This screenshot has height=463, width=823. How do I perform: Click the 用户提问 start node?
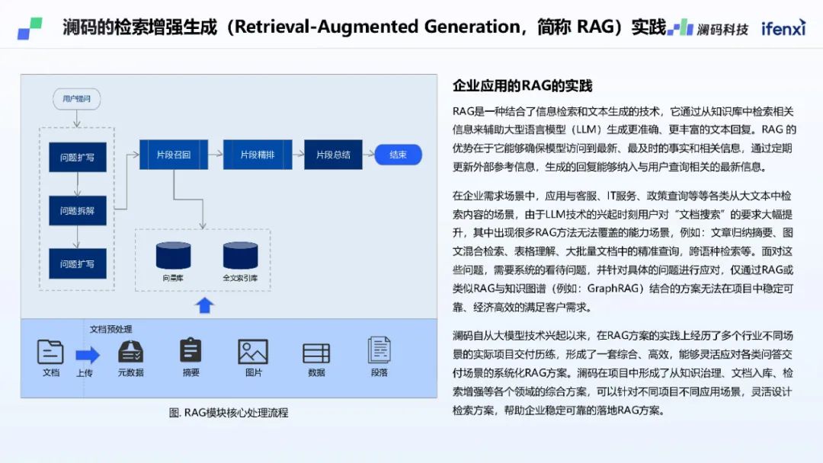click(x=76, y=98)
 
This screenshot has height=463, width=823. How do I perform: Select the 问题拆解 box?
click(x=78, y=211)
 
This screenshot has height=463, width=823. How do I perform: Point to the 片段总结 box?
click(x=333, y=155)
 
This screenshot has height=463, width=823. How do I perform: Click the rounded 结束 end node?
click(x=398, y=155)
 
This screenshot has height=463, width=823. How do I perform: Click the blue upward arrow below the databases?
click(x=204, y=305)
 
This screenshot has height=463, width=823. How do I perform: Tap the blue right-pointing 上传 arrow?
click(x=88, y=354)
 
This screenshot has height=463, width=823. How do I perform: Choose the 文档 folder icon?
click(x=50, y=352)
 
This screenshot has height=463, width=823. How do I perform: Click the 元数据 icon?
click(x=131, y=351)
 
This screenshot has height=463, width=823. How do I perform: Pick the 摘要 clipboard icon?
click(x=191, y=350)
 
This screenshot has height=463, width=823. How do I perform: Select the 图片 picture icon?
click(x=253, y=352)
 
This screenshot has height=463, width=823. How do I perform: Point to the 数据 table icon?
click(x=316, y=353)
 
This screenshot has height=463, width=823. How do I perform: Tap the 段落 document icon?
click(x=379, y=350)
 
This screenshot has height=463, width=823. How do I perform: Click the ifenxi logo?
click(x=783, y=28)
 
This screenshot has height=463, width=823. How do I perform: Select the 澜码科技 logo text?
click(x=722, y=29)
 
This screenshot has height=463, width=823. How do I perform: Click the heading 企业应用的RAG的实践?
click(x=522, y=85)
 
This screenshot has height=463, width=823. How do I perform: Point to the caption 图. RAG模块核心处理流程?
click(x=229, y=413)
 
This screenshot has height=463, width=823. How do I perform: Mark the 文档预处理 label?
click(x=110, y=329)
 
